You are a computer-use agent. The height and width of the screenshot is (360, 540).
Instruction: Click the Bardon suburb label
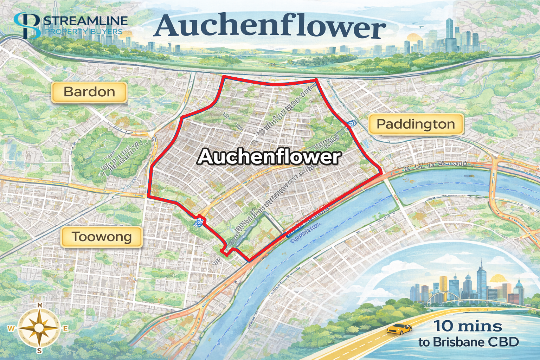89,92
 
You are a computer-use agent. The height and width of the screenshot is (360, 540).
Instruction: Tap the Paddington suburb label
416,124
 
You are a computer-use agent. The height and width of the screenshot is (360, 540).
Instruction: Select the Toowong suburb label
102,237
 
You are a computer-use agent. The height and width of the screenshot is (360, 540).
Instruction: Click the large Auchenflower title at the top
270,26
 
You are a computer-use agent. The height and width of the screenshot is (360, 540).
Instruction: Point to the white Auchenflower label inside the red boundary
269,156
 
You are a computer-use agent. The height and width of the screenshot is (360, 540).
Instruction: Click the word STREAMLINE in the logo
86,21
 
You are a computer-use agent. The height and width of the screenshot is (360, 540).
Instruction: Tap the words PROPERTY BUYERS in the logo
84,32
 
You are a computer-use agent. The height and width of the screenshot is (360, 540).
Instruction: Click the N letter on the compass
40,305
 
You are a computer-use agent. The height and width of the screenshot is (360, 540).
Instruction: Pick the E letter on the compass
65,328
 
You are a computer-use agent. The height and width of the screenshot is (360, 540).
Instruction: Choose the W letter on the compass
11,329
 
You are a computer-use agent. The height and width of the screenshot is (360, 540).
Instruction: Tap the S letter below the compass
40,351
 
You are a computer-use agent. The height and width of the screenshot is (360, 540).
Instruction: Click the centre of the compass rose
39,328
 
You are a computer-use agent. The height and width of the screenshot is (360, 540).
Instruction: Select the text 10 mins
468,326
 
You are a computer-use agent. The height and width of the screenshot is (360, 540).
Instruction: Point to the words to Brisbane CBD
469,342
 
